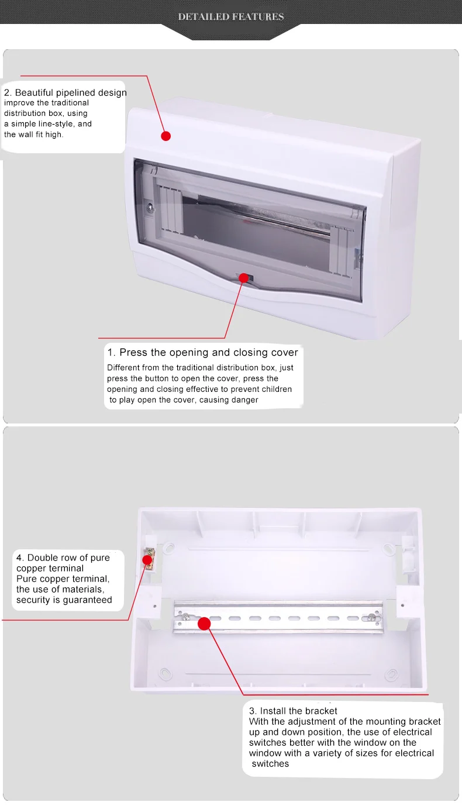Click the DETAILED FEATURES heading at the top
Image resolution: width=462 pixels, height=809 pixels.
coord(231,17)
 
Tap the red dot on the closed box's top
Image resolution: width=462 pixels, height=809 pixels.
coord(166,136)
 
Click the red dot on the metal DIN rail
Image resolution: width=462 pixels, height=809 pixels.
coord(204,623)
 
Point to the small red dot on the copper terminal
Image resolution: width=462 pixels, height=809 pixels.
coord(148,560)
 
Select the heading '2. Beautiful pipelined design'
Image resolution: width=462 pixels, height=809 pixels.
coord(65,92)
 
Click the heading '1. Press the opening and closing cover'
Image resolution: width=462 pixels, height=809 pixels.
coord(202,352)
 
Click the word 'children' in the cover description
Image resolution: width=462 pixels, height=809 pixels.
coord(275,389)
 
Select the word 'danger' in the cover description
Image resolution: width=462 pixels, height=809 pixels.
coord(244,400)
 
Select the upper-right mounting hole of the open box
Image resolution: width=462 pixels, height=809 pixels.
coord(388,549)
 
